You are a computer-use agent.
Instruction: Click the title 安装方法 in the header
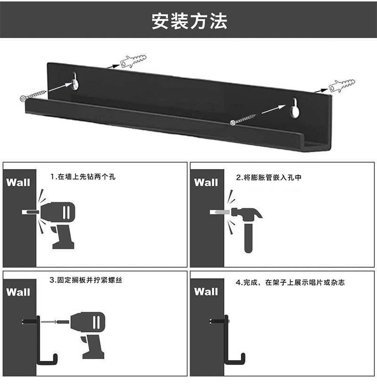pos(189,21)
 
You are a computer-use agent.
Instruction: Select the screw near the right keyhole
pos(243,119)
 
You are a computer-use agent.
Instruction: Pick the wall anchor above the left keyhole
pos(135,62)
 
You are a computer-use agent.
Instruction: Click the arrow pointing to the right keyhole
pos(274,109)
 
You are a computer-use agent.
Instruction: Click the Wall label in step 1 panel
pos(18,182)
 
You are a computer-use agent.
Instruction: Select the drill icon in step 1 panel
pos(59,219)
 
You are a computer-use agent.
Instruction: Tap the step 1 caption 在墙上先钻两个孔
pos(83,177)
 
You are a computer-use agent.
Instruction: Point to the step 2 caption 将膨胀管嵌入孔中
pos(268,178)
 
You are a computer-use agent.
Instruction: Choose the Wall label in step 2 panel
pos(206,182)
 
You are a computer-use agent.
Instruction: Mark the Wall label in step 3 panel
pos(18,292)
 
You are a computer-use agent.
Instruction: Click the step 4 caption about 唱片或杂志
pos(290,283)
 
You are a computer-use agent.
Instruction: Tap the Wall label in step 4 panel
pos(206,292)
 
